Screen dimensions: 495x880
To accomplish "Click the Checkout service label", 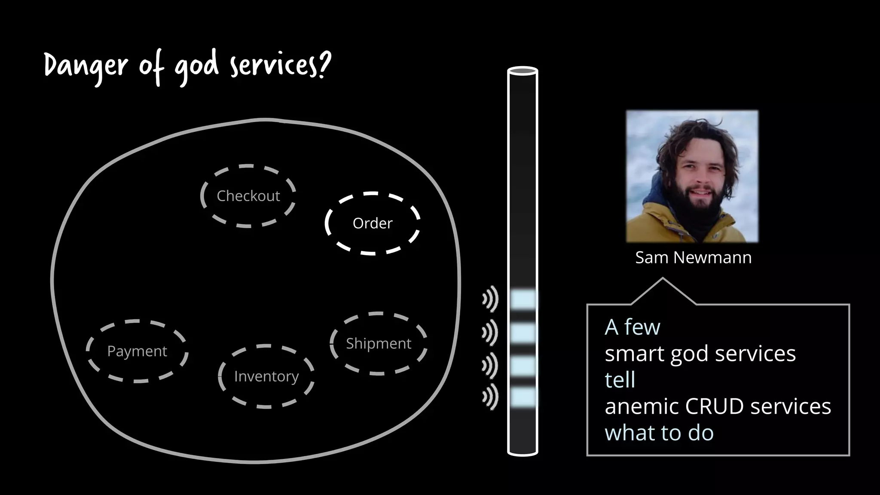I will click(x=248, y=196).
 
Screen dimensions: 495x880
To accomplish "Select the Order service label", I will click(x=373, y=223).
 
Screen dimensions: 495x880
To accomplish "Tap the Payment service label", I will click(x=137, y=351).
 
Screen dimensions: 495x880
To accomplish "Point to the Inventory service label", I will click(x=266, y=376).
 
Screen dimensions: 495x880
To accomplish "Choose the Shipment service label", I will click(x=379, y=344).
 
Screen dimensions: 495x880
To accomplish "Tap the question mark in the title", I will click(x=325, y=64).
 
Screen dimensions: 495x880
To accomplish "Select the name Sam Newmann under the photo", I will click(x=693, y=257).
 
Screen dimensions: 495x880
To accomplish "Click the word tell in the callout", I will click(x=620, y=380).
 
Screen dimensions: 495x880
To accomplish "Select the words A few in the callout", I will click(x=632, y=327).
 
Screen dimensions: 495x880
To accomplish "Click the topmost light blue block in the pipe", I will click(x=523, y=299).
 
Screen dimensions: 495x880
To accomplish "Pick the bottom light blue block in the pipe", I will click(x=523, y=397).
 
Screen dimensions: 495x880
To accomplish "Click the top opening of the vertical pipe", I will click(x=522, y=70).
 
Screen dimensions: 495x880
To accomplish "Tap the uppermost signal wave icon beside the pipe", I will click(x=490, y=299).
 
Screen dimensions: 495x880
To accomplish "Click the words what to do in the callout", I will click(x=659, y=433).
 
